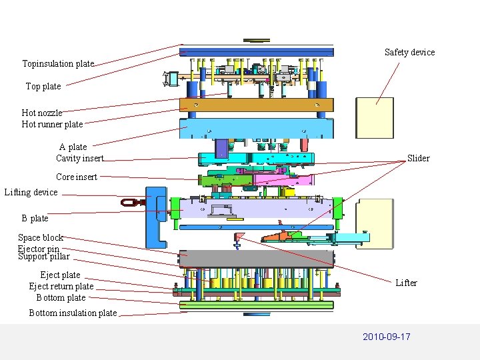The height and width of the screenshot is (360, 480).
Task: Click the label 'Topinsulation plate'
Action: [x=58, y=64]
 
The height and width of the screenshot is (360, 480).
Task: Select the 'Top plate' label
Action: [x=43, y=87]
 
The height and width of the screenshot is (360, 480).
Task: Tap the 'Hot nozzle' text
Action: [x=41, y=113]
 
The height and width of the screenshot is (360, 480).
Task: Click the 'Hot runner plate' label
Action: [x=52, y=125]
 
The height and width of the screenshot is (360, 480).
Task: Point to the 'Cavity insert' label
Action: [x=79, y=159]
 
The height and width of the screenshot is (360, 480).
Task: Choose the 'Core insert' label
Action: [x=76, y=177]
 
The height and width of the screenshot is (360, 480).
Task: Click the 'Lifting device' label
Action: [x=31, y=193]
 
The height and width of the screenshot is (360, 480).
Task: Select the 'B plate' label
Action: [x=35, y=219]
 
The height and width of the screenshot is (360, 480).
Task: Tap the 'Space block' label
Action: [x=40, y=238]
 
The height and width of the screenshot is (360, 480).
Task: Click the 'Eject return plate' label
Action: [x=61, y=287]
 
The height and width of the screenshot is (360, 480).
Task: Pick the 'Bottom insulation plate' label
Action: [x=73, y=313]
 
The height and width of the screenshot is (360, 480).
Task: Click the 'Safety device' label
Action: [x=409, y=53]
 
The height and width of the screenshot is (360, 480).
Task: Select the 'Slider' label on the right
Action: [x=418, y=159]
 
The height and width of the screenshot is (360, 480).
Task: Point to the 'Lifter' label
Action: [x=406, y=283]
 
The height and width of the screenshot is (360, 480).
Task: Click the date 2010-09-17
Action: [x=386, y=337]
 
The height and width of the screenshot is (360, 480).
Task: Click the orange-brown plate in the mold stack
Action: [x=257, y=105]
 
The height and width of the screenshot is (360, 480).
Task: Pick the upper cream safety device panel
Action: [x=374, y=118]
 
